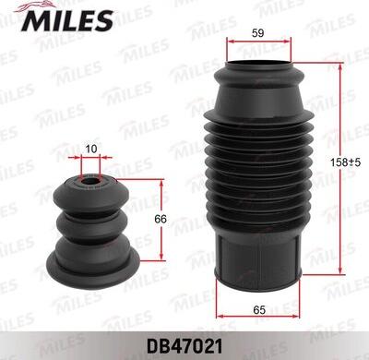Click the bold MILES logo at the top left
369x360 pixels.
pos(67,20)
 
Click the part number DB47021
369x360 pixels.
pos(184,346)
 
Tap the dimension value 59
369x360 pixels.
pos(257,33)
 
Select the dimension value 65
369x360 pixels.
pos(259,309)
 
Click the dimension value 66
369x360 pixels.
pos(161,219)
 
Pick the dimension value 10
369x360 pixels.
pos(91,149)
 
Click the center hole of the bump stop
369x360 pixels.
pos(90,182)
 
